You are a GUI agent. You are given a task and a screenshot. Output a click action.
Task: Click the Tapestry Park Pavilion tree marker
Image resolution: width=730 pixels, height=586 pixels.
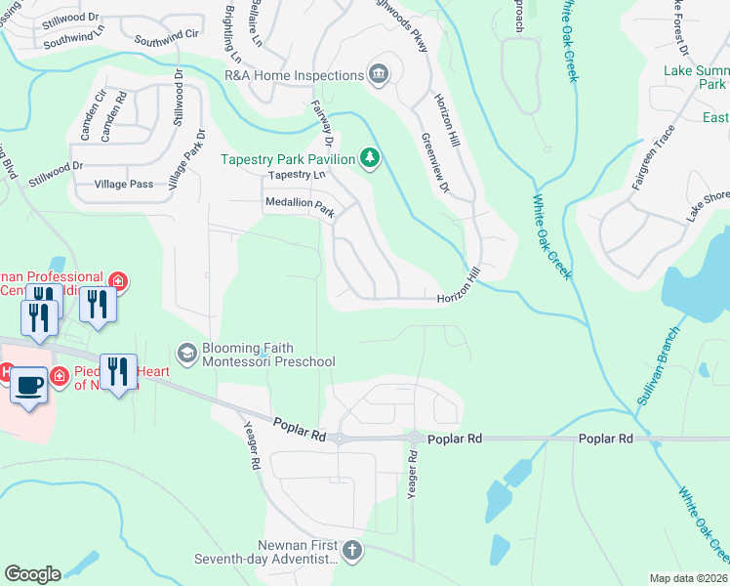(370, 157)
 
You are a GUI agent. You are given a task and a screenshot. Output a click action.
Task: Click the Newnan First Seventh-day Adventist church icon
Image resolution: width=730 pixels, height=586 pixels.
(352, 552)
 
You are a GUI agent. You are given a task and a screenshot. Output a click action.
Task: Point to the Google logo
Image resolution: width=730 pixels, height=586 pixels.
(32, 574)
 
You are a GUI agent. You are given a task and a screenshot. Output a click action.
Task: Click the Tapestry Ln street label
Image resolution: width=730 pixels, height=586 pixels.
(296, 175)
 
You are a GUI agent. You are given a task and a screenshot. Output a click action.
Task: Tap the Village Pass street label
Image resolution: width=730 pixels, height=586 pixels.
(124, 184)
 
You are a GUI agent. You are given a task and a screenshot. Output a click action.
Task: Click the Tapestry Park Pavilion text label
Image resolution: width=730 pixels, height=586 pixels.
(288, 158)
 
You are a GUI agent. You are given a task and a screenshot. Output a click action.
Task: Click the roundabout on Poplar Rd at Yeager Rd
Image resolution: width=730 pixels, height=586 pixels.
(414, 439)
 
